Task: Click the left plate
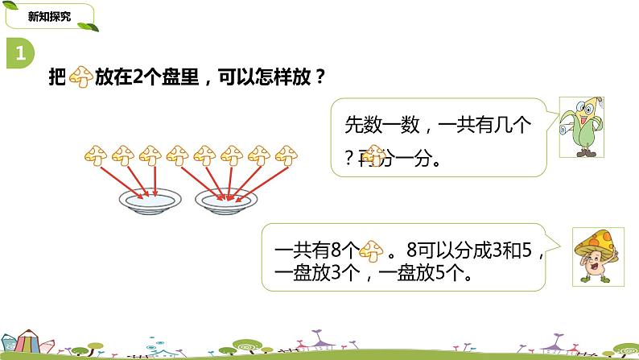148,200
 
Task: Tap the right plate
227,200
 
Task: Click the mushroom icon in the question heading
81,78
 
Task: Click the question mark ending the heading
319,78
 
